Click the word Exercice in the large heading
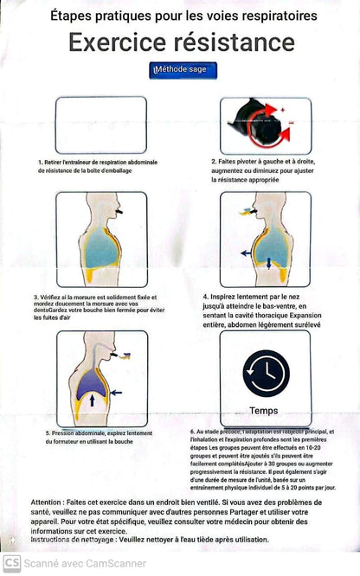(119, 42)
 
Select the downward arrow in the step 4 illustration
(268, 263)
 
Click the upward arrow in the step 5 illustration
(93, 400)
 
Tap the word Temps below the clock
(264, 411)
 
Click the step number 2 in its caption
(213, 162)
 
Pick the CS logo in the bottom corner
(12, 564)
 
